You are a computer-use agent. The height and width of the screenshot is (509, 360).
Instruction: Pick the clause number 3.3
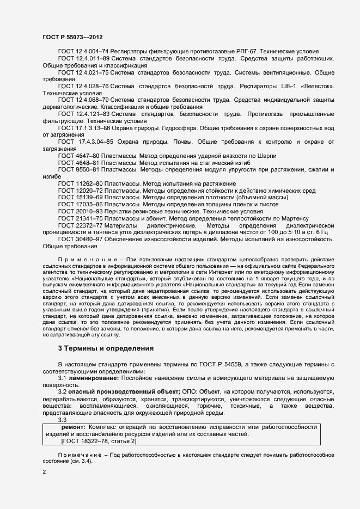pyautogui.click(x=62, y=419)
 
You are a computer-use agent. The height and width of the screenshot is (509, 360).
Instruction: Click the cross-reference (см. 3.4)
pyautogui.click(x=81, y=461)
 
